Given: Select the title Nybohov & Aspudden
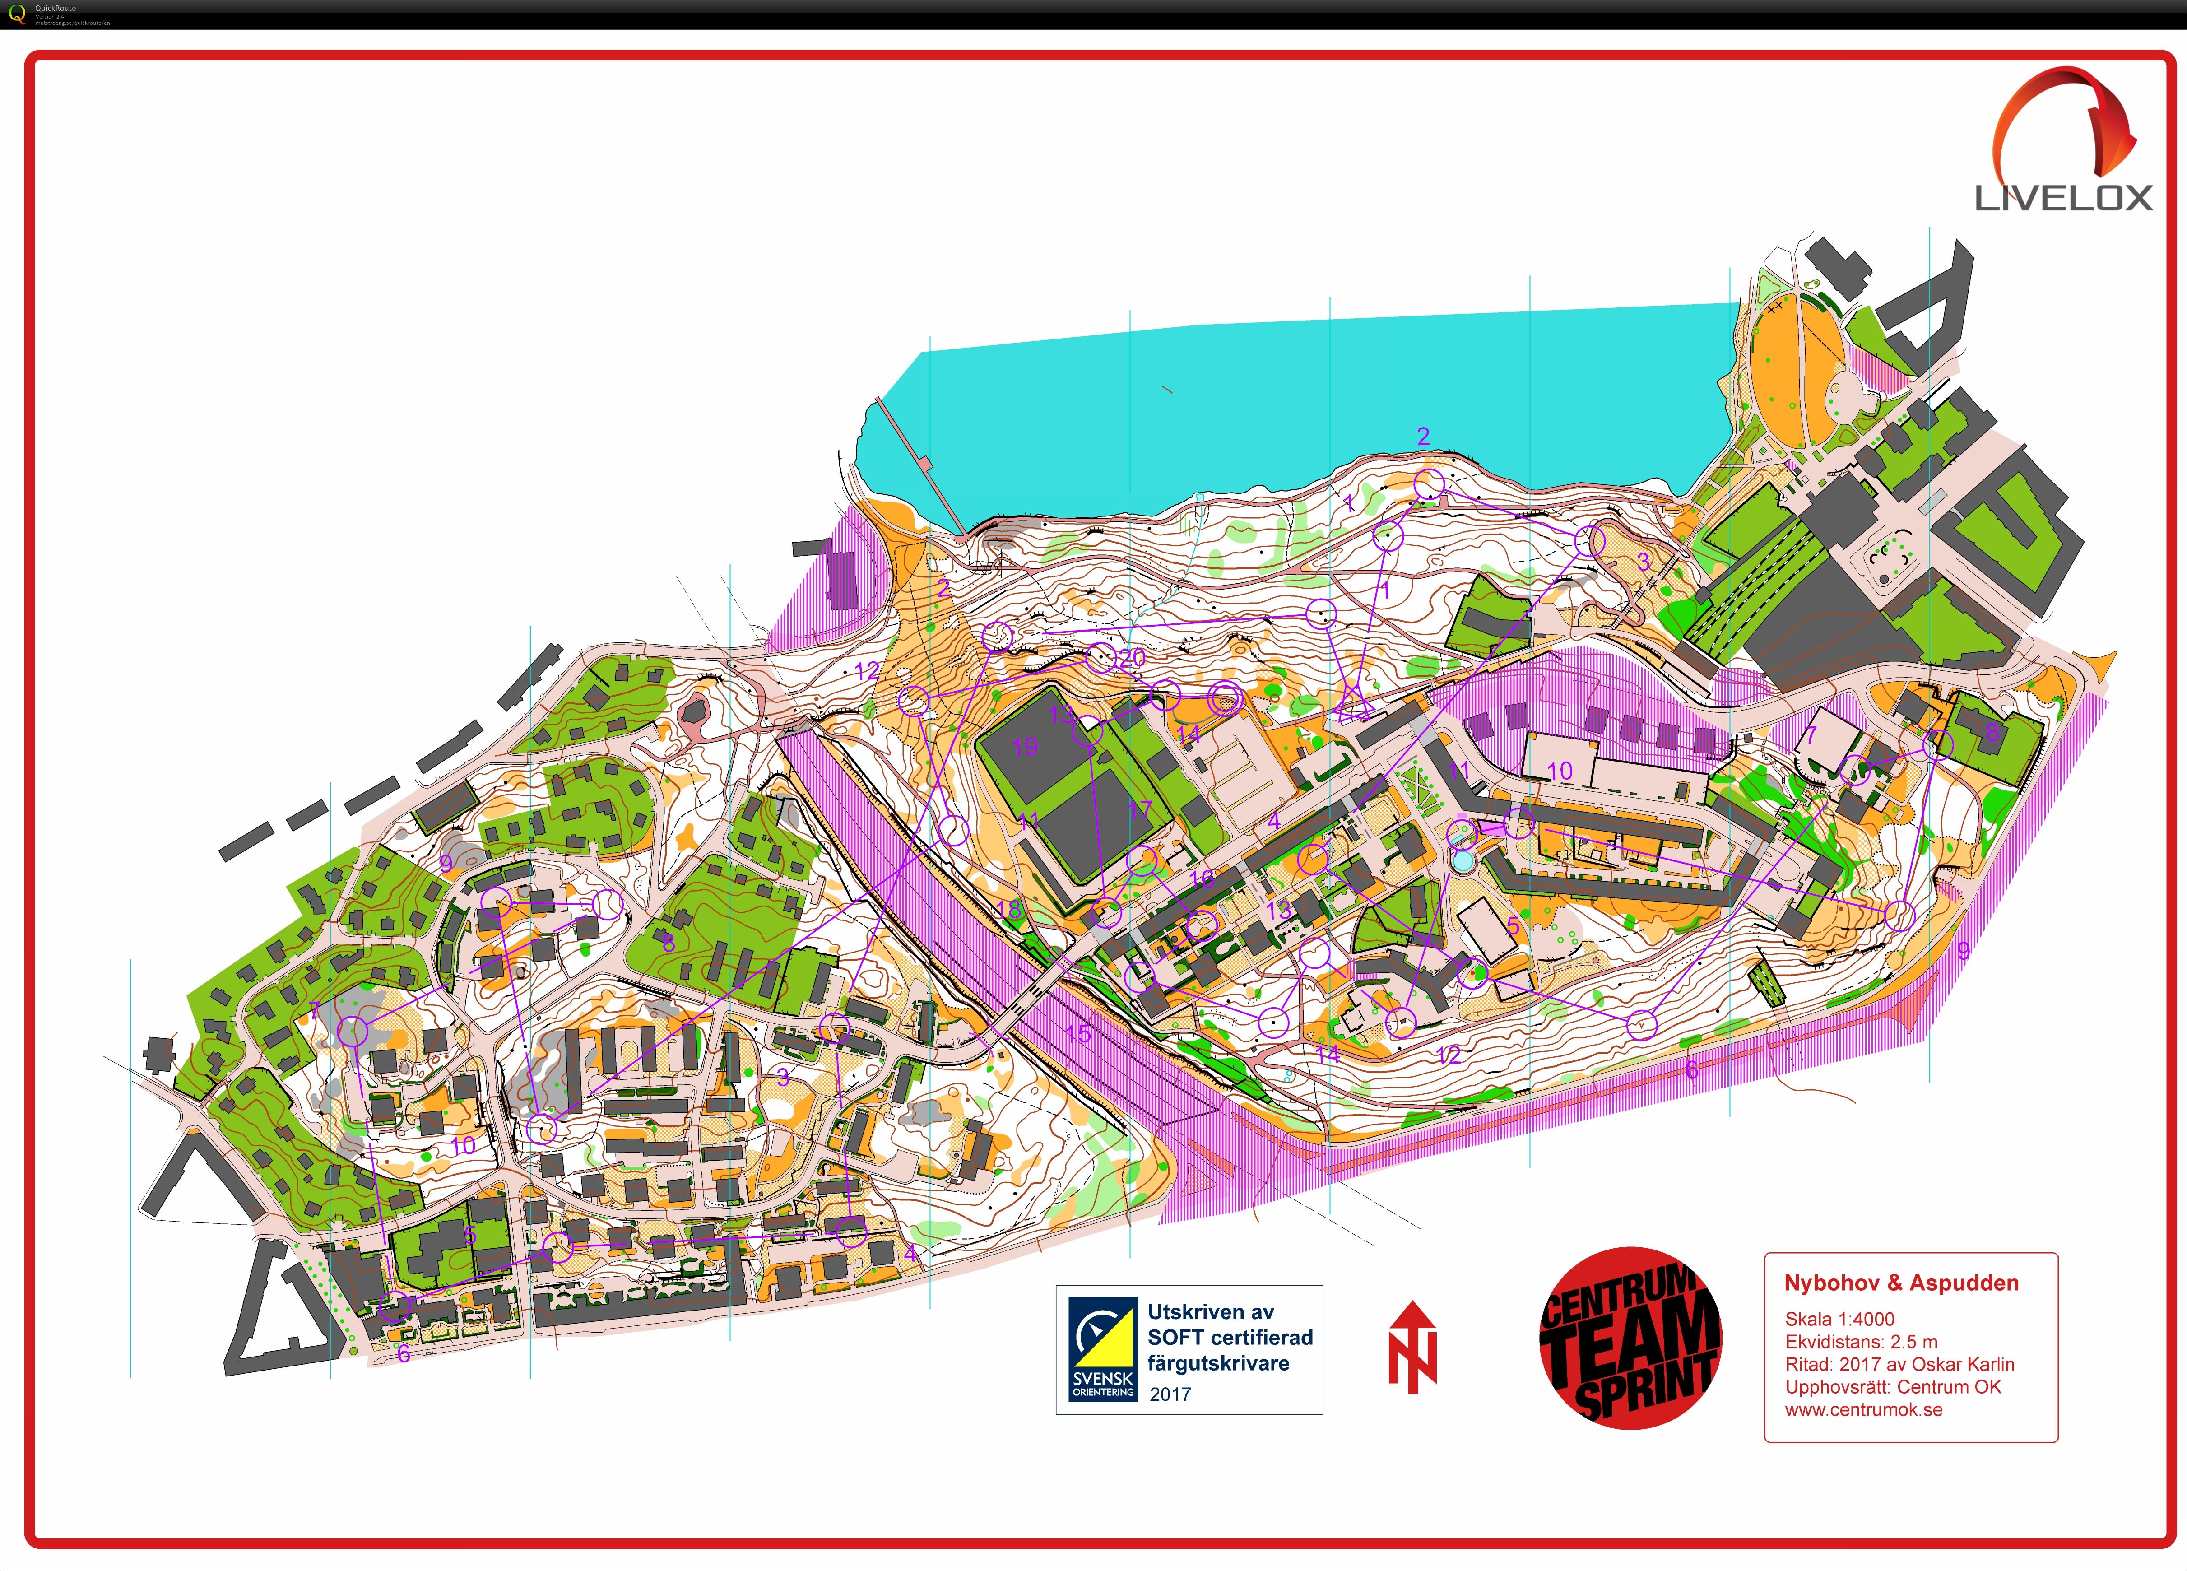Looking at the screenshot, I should (x=1901, y=1283).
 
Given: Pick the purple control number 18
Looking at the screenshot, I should (x=1009, y=910).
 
